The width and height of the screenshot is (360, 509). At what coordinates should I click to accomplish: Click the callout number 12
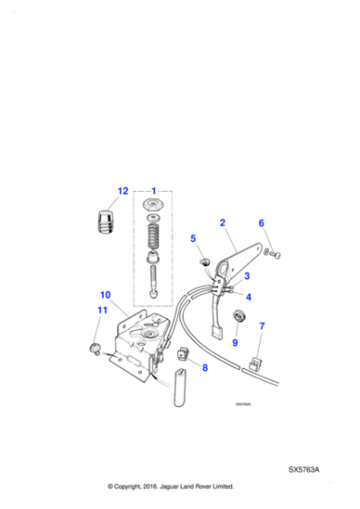[x=123, y=192]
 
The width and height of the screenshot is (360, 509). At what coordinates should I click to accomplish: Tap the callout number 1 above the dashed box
[x=155, y=192]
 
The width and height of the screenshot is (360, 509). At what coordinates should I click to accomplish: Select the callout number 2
[x=222, y=223]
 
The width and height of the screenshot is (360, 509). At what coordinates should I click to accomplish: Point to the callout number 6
[x=261, y=223]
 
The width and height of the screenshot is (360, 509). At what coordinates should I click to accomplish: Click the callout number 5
[x=193, y=239]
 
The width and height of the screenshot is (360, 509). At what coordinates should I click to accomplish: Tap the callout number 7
[x=262, y=326]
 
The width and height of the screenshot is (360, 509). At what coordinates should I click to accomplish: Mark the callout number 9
[x=235, y=343]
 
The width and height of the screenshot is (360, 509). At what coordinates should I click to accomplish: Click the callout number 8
[x=204, y=367]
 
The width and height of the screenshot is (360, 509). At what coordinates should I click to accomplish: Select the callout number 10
[x=105, y=295]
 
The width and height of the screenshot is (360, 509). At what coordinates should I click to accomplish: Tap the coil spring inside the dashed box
[x=154, y=241]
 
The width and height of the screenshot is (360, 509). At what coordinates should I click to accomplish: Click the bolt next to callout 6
[x=273, y=253]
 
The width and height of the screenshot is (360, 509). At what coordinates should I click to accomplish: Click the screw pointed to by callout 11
[x=94, y=347]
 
